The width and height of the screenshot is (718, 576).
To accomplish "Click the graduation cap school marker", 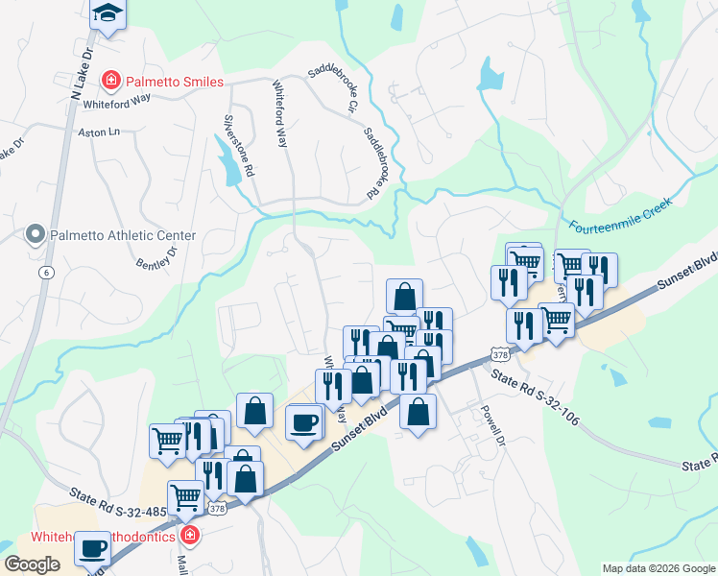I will tap(108, 14).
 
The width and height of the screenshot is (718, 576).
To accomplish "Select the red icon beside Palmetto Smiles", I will tap(112, 80).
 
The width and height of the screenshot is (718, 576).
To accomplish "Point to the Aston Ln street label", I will tap(100, 131).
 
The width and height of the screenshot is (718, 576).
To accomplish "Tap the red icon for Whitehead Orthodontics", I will tap(190, 536).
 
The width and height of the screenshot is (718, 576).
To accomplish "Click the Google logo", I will tap(32, 564).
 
